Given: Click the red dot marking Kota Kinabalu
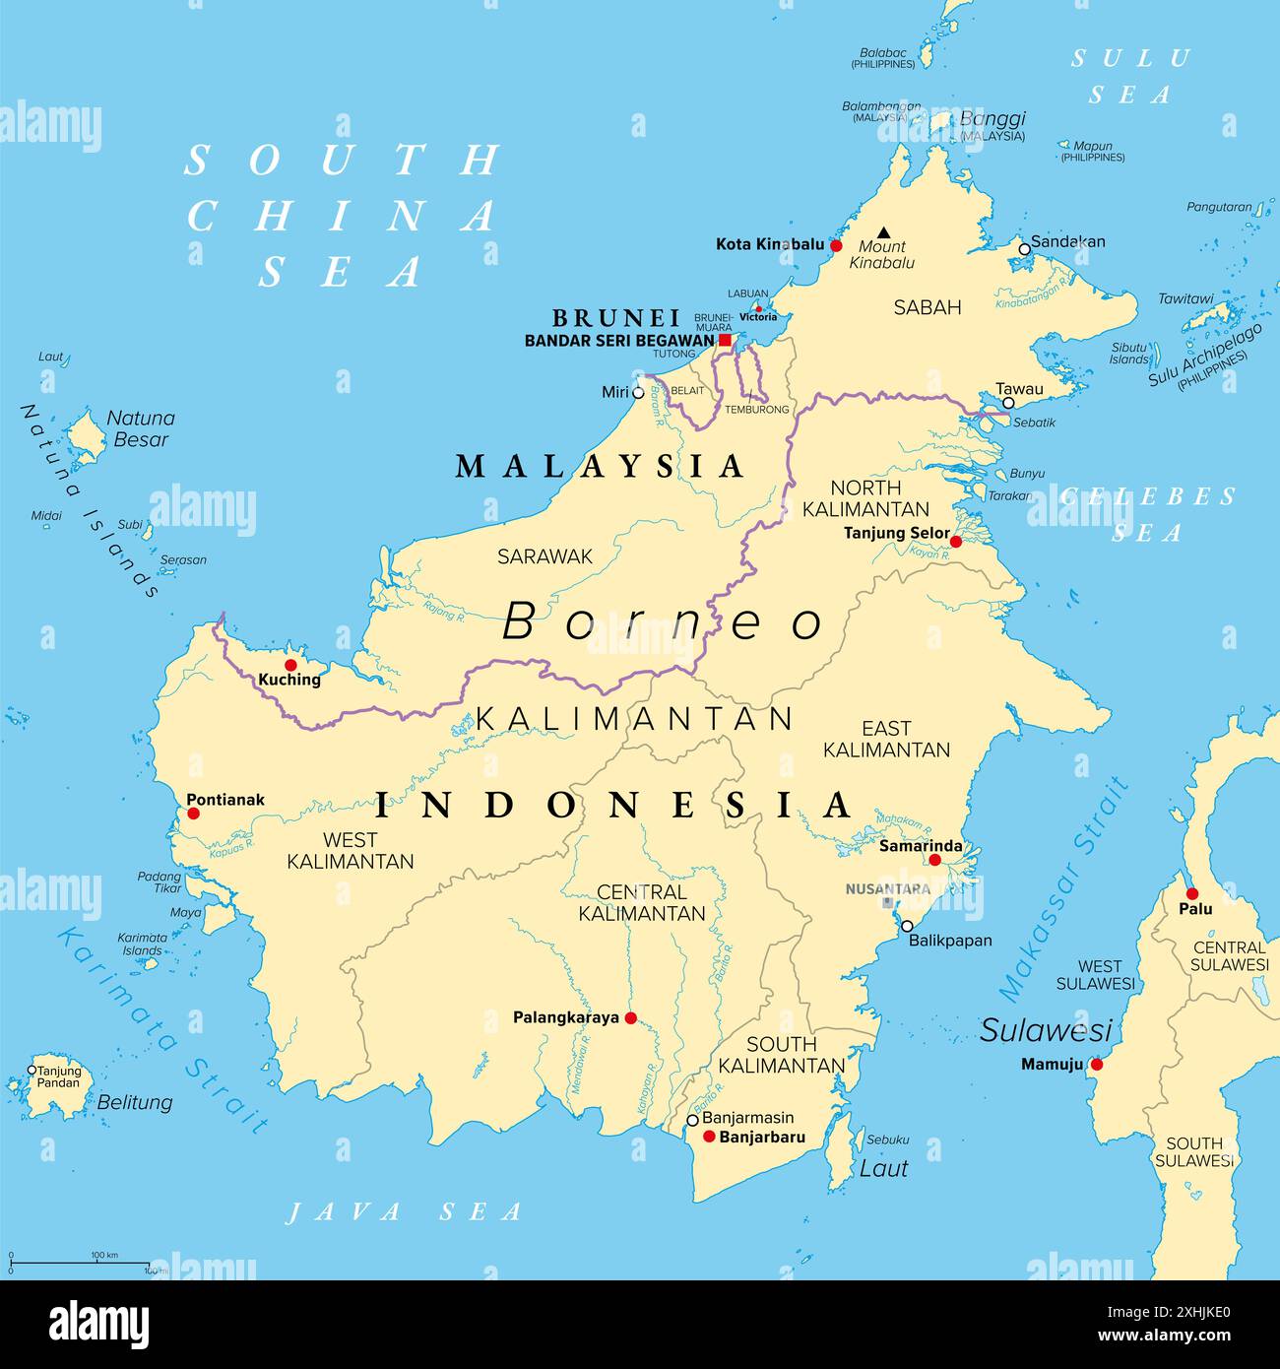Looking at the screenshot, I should [x=836, y=245].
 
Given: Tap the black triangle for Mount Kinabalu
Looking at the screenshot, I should [x=883, y=231].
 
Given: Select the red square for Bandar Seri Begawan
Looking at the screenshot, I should [x=726, y=340].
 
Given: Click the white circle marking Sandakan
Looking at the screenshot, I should [x=1024, y=249].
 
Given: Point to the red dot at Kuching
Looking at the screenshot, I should [x=290, y=665].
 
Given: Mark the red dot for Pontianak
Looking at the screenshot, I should [x=193, y=813].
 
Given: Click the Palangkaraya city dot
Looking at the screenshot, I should [x=630, y=1018].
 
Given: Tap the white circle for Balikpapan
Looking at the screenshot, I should [x=907, y=926].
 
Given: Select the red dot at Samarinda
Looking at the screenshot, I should [x=934, y=860].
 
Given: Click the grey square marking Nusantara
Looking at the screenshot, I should [x=887, y=902].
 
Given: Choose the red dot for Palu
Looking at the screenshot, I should [x=1191, y=893].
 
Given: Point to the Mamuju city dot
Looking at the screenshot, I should [x=1096, y=1064].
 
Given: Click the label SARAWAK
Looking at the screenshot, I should [x=544, y=556].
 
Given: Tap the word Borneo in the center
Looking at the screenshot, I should [x=663, y=621].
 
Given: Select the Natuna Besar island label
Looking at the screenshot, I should [x=141, y=428].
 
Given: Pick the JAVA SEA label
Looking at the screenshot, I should [x=404, y=1211].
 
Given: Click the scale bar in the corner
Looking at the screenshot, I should [x=79, y=1263].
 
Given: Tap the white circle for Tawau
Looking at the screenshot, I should [x=1008, y=403].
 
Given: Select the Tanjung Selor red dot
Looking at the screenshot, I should [x=955, y=541].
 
